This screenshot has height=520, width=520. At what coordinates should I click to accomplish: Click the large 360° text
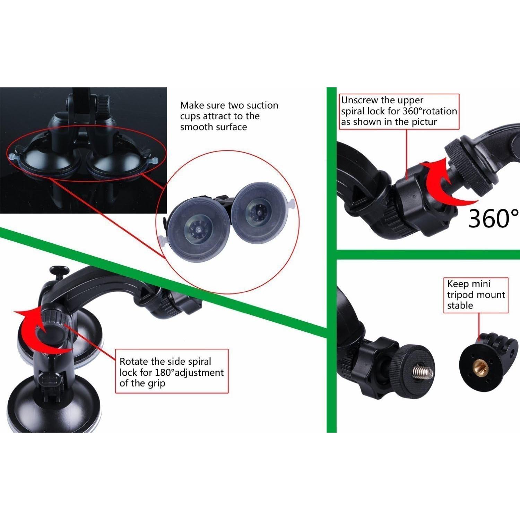tap(493, 218)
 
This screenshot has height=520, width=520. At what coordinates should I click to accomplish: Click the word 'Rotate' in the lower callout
tap(134, 362)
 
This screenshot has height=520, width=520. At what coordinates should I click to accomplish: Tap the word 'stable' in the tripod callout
tap(460, 306)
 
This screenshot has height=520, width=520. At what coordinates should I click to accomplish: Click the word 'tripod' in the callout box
tap(460, 295)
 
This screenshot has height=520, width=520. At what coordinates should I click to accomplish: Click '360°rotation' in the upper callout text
tap(430, 111)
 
